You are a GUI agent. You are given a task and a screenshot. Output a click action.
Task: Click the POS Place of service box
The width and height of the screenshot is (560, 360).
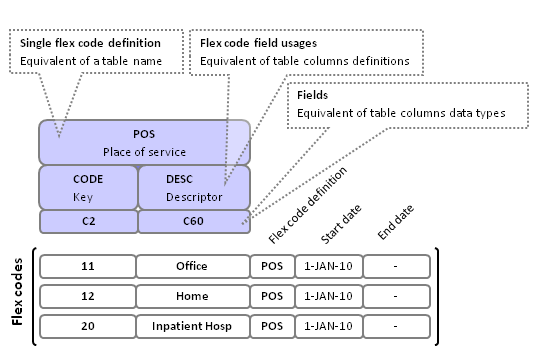[144, 142]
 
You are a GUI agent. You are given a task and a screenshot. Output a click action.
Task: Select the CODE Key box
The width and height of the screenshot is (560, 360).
[87, 187]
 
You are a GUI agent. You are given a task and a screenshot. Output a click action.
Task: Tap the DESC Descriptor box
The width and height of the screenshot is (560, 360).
[193, 187]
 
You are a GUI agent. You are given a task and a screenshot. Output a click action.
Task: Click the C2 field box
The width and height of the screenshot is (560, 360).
[87, 220]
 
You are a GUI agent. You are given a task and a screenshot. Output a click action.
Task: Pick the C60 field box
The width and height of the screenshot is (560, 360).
[193, 220]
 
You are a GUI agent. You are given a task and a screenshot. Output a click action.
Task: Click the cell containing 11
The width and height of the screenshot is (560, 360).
[86, 266]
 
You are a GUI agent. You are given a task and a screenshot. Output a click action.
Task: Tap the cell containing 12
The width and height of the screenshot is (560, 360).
[86, 296]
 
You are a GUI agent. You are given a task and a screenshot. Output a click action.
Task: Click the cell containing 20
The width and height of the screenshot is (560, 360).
[86, 326]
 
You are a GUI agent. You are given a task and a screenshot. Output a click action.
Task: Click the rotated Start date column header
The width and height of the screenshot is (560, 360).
[340, 226]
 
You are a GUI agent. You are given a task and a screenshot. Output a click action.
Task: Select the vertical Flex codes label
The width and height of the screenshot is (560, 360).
[17, 296]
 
